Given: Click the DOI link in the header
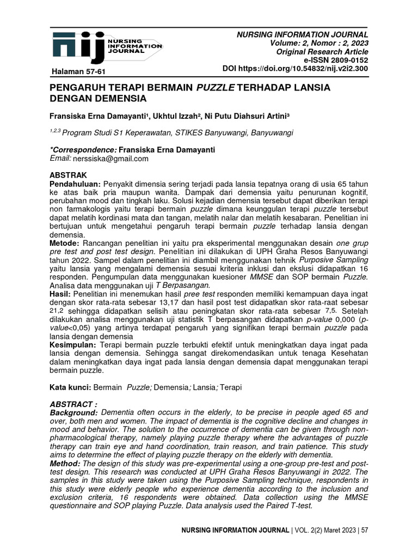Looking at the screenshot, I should (296, 69).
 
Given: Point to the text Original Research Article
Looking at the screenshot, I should (323, 52).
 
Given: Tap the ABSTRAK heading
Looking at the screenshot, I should (68, 176).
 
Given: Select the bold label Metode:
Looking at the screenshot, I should (65, 241).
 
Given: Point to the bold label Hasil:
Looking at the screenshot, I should (61, 294).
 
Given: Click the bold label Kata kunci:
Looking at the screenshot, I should (71, 387).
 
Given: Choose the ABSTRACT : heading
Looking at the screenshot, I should (74, 405).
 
